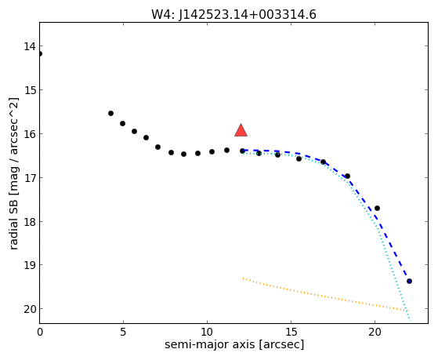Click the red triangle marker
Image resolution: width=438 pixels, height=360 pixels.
click(241, 130)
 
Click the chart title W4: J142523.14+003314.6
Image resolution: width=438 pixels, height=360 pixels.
click(233, 15)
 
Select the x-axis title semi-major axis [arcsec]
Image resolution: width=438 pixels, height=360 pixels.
click(234, 344)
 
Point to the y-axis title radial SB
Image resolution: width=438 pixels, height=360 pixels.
click(14, 225)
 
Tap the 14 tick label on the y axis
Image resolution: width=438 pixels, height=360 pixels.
click(30, 46)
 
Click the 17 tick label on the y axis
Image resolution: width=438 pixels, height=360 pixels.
click(30, 178)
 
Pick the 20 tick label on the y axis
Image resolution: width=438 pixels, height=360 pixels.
click(30, 309)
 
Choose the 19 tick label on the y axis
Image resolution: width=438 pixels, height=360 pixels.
click(30, 265)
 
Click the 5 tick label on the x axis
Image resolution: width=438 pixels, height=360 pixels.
click(123, 332)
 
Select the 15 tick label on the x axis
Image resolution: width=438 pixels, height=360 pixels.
click(291, 332)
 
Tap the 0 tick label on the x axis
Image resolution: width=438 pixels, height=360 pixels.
click(40, 332)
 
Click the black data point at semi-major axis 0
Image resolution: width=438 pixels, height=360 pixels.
click(40, 53)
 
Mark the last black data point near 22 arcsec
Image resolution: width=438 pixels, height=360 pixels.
click(409, 281)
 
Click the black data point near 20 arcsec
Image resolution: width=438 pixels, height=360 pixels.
click(377, 208)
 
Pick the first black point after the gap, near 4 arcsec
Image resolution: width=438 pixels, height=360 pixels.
click(111, 113)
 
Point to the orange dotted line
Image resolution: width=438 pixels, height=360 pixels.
click(324, 296)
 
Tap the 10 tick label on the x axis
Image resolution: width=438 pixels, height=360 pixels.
click(207, 332)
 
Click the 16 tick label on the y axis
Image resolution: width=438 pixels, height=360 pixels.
click(30, 134)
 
